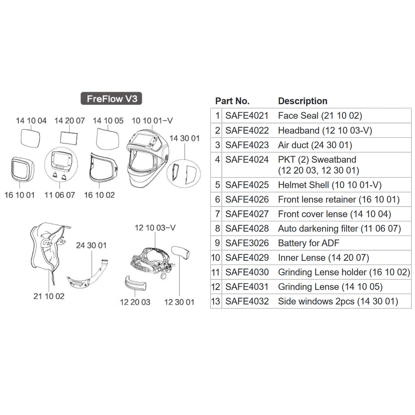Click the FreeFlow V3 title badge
(x=111, y=99)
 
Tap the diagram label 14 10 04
(x=31, y=121)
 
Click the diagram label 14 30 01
(x=184, y=138)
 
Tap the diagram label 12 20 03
(x=135, y=302)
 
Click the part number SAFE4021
(x=247, y=116)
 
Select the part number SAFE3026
(x=247, y=243)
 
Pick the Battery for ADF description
(x=309, y=243)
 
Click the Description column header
(x=302, y=101)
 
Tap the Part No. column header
(x=232, y=101)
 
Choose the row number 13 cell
(x=216, y=301)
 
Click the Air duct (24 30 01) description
(x=315, y=145)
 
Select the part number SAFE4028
(x=247, y=229)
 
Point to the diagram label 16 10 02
(x=99, y=195)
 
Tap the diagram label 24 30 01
(x=91, y=245)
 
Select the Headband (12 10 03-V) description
(x=325, y=130)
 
